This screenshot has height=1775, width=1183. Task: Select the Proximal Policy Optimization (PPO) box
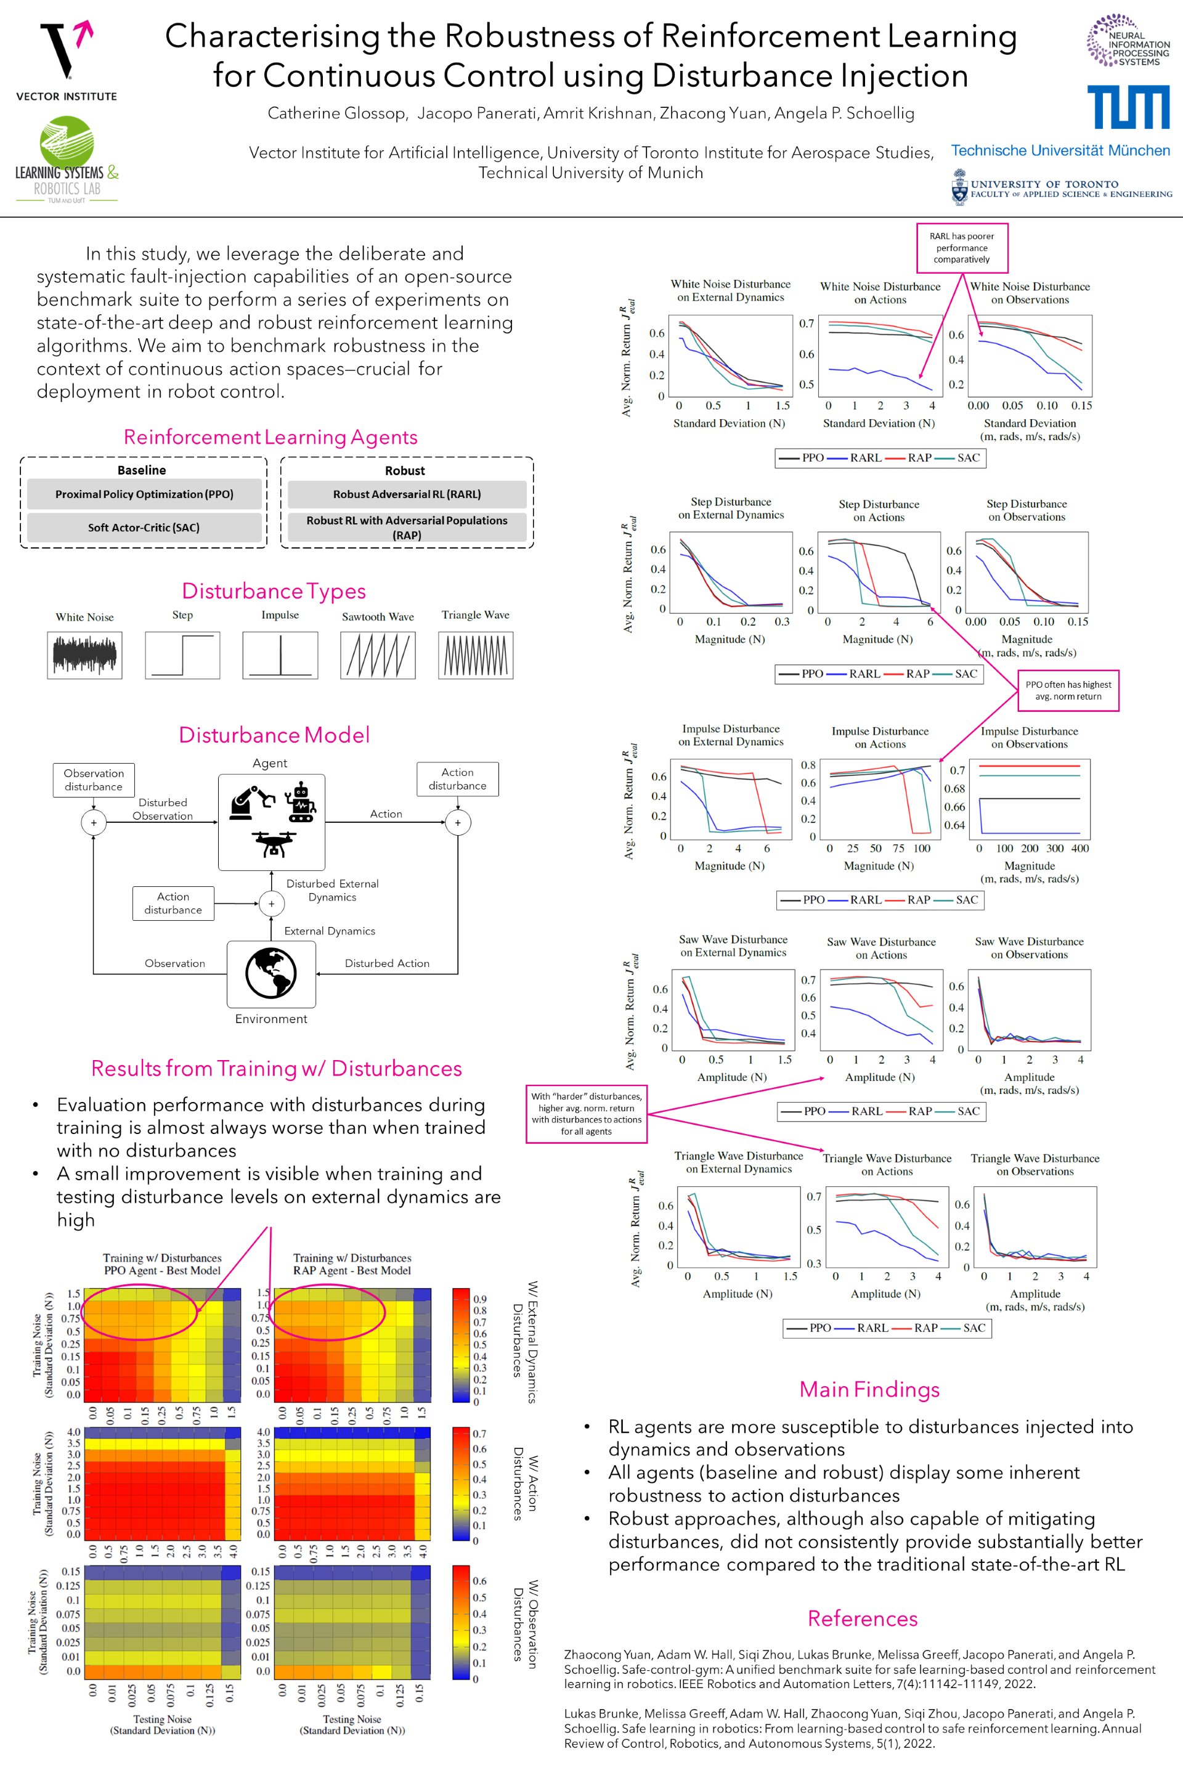click(x=144, y=494)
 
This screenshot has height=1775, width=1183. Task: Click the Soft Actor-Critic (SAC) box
click(x=144, y=528)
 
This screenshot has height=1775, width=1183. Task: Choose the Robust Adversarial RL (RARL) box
click(x=407, y=494)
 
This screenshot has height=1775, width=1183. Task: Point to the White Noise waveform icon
click(x=84, y=655)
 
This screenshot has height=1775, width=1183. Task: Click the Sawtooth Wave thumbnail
click(x=377, y=655)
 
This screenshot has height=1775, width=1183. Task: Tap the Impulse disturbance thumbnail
click(x=280, y=655)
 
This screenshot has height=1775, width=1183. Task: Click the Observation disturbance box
click(x=94, y=780)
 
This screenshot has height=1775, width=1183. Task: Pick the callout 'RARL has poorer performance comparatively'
click(x=962, y=248)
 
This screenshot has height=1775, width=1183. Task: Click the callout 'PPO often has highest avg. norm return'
click(x=1068, y=690)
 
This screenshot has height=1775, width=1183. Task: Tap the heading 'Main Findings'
click(x=869, y=1389)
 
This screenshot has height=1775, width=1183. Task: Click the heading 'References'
click(x=863, y=1618)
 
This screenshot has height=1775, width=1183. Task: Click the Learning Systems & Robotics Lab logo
click(x=67, y=159)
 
